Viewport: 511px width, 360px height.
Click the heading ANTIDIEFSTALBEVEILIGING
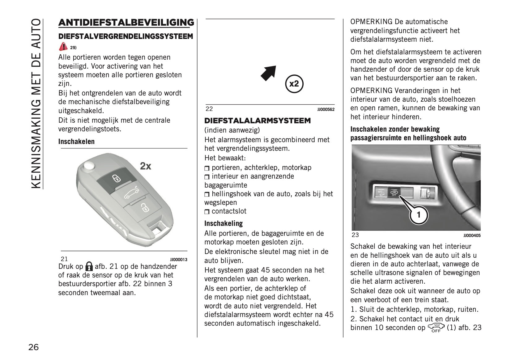pos(126,23)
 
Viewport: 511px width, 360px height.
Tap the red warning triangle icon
pos(63,47)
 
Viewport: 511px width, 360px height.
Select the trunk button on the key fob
pos(131,194)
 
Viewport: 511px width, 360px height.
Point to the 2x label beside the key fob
pos(146,166)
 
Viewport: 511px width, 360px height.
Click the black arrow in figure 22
pos(268,74)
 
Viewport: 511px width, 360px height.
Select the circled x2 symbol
pos(294,84)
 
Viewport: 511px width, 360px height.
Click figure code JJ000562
pos(326,109)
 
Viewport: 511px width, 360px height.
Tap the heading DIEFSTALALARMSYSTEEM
pos(258,121)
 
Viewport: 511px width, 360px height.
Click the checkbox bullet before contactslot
pos(207,212)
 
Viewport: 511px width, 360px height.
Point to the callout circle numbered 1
pos(419,214)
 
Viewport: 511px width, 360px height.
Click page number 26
pos(34,347)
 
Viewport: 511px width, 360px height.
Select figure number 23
pos(355,235)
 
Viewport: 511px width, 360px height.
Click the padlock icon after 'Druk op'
pos(89,266)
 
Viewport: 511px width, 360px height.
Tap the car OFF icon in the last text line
pos(436,328)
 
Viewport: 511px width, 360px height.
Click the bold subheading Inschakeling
pos(224,223)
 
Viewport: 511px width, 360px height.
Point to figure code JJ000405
pos(472,235)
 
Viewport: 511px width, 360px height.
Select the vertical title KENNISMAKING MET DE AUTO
pos(36,104)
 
